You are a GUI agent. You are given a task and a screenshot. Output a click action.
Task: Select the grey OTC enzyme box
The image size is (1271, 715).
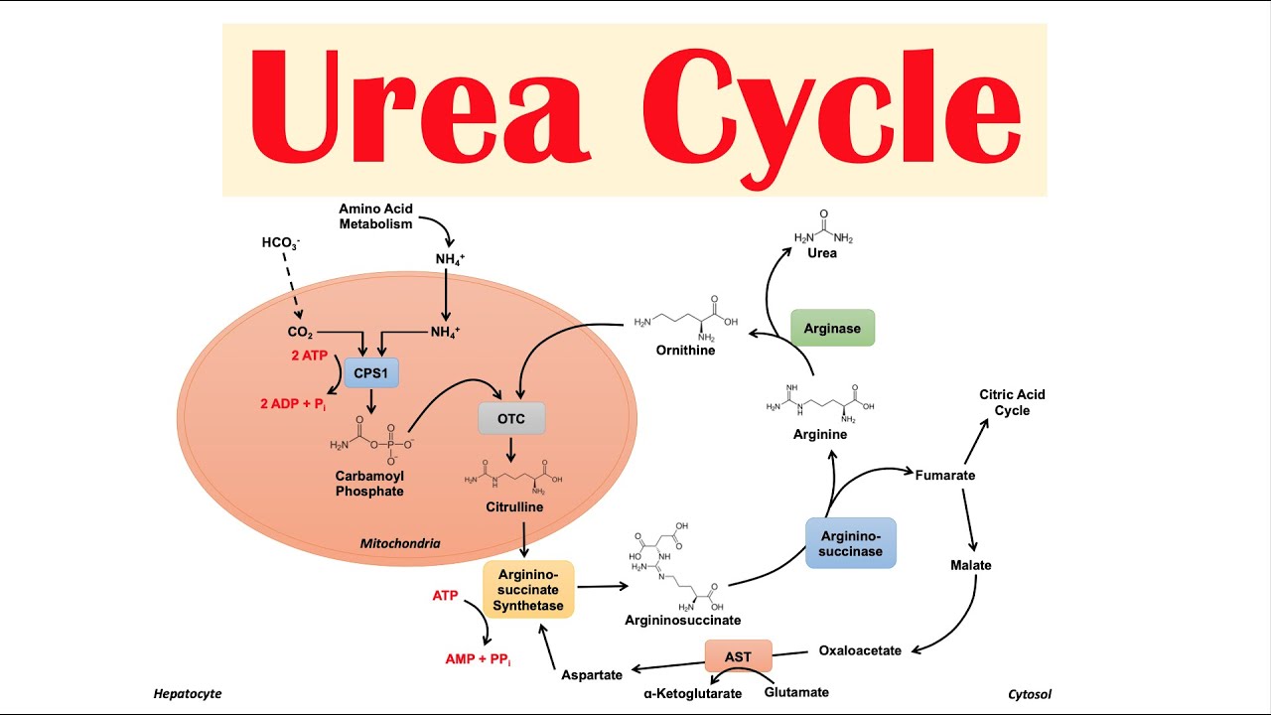pos(511,418)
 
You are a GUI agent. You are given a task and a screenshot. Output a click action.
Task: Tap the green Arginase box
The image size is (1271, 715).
pos(832,328)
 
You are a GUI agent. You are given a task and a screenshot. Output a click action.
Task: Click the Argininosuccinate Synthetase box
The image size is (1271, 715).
pos(528,590)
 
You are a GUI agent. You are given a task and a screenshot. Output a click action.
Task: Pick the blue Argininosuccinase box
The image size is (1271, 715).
pos(851,543)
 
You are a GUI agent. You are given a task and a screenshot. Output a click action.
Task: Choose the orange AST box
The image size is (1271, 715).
pos(738,655)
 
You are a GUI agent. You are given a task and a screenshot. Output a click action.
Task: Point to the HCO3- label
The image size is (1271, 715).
pos(281,242)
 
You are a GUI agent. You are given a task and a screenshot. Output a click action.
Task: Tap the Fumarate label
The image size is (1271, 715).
pos(944,475)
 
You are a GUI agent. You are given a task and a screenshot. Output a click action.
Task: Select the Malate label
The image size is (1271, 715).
pos(970,565)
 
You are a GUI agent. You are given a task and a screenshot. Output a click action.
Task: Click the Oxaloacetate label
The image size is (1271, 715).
pos(860,650)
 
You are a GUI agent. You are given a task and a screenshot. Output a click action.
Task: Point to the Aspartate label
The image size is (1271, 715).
pos(591,674)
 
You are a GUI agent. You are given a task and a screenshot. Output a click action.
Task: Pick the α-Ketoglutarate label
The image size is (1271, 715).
pos(692,693)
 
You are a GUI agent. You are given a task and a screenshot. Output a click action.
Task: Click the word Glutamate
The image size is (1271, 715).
pos(796,692)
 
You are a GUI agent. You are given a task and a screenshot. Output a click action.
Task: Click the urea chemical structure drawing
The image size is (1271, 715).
pos(823,229)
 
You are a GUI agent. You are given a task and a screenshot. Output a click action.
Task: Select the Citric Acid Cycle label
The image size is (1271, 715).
pos(1012,402)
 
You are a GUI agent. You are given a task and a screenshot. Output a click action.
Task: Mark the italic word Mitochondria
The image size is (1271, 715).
pos(400,543)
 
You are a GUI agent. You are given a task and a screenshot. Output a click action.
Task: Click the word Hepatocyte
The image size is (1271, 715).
pos(188,694)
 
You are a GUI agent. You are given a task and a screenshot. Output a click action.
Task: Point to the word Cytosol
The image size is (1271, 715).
pos(1029,694)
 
